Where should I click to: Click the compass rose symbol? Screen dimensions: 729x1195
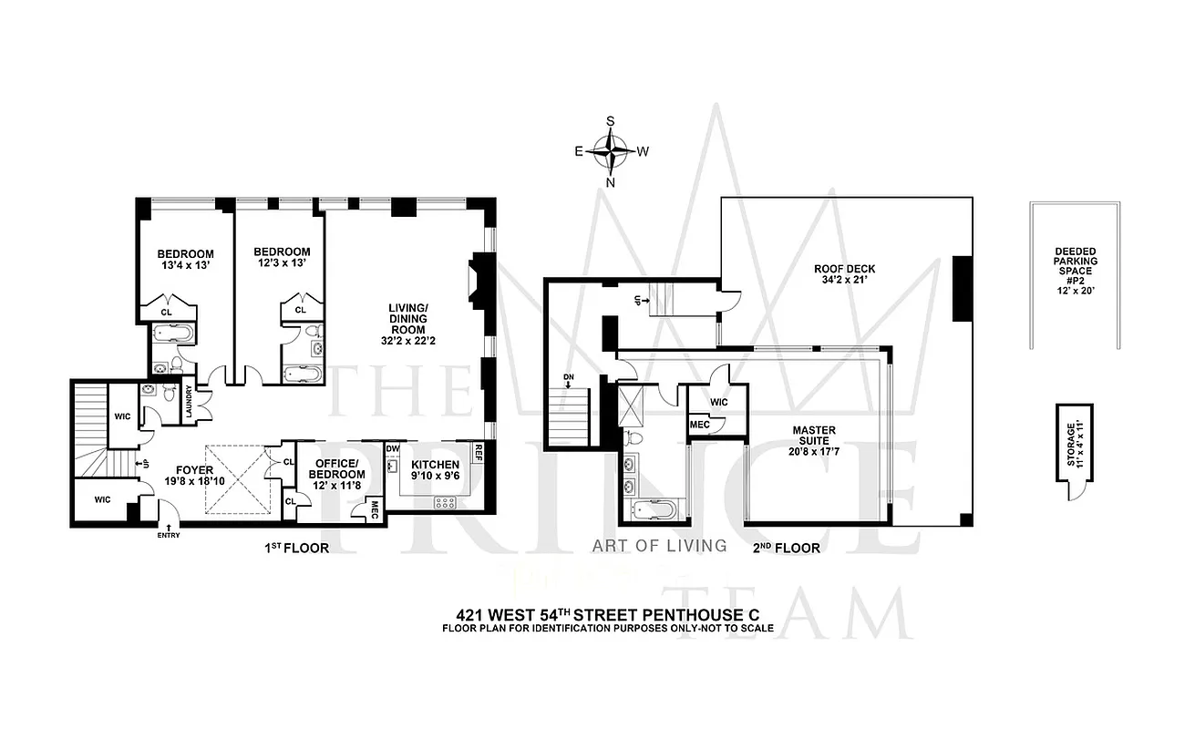point(610,151)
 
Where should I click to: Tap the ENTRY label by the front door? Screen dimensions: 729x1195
point(169,535)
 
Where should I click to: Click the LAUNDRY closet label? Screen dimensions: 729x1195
point(189,401)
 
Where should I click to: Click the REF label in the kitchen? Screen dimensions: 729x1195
point(477,448)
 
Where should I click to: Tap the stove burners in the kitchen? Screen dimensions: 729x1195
point(445,502)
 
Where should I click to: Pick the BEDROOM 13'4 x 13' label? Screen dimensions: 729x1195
point(185,260)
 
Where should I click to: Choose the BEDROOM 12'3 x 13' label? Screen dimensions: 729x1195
point(282,258)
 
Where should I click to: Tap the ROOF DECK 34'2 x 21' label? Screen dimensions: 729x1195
point(844,275)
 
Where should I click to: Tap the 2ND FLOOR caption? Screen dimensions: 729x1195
point(786,549)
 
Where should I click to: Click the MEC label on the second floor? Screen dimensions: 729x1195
point(699,425)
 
